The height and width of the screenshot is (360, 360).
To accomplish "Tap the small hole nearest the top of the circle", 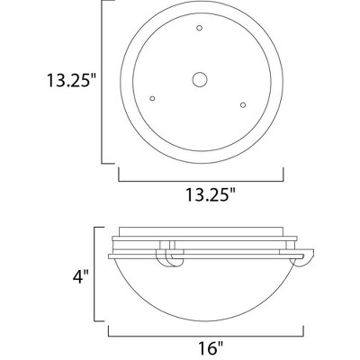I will tap(198, 31).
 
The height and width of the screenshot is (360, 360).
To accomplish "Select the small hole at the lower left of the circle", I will tap(153, 97).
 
